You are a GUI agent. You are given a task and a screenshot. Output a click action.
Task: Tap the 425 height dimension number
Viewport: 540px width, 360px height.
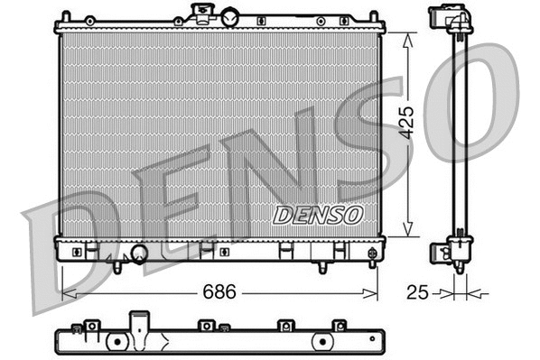coord(407,121)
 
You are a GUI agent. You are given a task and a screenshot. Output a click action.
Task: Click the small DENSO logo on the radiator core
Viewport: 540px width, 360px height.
coord(318,215)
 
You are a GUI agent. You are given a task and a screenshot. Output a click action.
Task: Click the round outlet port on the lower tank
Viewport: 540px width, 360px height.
coord(139,254)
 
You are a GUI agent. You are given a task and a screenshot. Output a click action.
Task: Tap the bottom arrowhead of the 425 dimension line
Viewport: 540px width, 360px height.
coord(408,232)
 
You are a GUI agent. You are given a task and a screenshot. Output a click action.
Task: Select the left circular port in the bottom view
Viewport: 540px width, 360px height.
coord(116,342)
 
